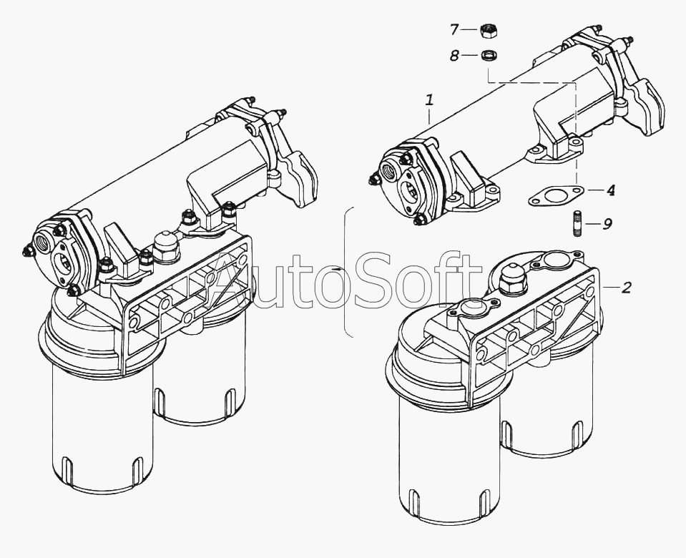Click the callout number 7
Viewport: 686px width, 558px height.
[x=454, y=30]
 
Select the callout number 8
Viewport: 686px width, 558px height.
[x=454, y=56]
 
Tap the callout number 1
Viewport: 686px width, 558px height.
[x=430, y=101]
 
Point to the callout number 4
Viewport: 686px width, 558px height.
[x=611, y=190]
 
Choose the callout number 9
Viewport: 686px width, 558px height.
[x=607, y=224]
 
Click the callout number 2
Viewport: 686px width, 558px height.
[x=627, y=288]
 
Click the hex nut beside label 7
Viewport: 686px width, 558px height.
[x=488, y=31]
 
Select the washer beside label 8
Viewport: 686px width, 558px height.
[x=488, y=56]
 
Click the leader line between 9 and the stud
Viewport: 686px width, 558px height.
[x=593, y=224]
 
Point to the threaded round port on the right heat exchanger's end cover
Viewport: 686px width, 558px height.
[x=389, y=169]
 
